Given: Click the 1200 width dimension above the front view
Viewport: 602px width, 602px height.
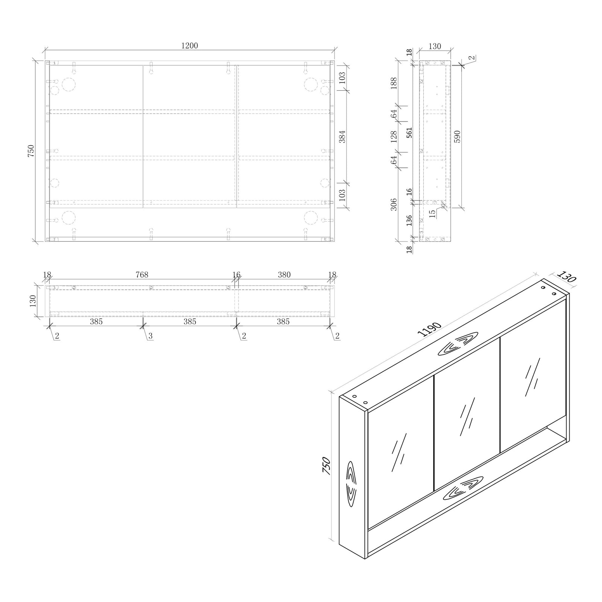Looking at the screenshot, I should click(x=189, y=46).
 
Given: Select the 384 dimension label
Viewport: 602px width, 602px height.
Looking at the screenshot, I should click(x=342, y=137).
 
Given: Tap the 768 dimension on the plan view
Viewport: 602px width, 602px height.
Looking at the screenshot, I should click(x=142, y=275).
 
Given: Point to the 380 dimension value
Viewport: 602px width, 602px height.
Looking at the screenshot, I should click(x=284, y=275).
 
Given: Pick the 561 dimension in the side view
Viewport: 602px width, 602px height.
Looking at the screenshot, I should click(x=409, y=132).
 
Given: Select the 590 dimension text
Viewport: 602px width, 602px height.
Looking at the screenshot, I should click(x=458, y=137).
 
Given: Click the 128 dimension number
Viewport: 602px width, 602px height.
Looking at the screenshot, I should click(x=394, y=137).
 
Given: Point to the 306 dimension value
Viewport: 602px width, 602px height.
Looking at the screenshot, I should click(x=394, y=204).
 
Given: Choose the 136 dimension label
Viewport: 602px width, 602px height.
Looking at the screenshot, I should click(x=409, y=220).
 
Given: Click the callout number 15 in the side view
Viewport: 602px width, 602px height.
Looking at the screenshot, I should click(x=433, y=213).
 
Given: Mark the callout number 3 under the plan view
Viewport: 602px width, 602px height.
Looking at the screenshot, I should click(x=150, y=336).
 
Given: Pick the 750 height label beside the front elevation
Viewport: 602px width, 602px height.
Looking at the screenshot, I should click(x=31, y=150).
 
